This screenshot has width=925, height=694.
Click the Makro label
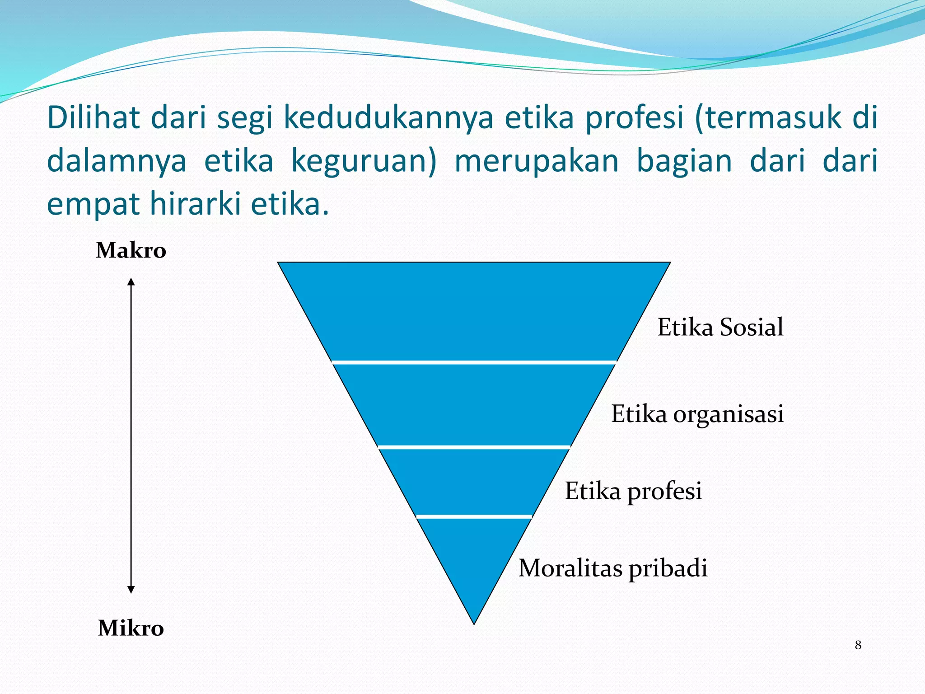tap(131, 250)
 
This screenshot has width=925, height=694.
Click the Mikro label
tap(131, 628)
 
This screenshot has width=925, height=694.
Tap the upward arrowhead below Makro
tap(131, 282)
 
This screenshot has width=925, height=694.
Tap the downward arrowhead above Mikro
tap(131, 589)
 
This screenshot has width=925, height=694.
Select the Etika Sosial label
tap(720, 327)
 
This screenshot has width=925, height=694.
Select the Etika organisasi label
tap(697, 413)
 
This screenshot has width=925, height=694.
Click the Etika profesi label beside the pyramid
tap(633, 491)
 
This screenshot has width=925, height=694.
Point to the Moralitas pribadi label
tap(612, 568)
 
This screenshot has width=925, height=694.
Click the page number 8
tap(858, 645)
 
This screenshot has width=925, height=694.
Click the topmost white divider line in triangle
tap(474, 362)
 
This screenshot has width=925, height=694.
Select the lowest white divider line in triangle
tap(474, 516)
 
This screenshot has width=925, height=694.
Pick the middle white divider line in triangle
tap(474, 447)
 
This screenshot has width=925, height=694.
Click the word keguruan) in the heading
tap(364, 161)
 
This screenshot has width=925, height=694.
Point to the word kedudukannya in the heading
tap(388, 117)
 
